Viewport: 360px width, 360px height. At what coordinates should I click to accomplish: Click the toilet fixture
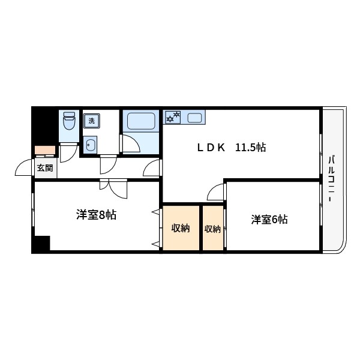[70, 122]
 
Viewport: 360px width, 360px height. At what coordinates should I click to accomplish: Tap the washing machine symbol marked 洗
[92, 121]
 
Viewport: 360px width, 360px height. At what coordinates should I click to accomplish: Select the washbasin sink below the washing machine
[91, 144]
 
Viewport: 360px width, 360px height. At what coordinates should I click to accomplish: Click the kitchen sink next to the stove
[194, 117]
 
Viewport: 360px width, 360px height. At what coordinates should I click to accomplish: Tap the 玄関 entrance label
[44, 167]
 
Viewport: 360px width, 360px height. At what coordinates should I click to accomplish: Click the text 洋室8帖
[96, 215]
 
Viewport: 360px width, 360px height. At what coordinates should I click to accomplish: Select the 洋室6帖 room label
[269, 220]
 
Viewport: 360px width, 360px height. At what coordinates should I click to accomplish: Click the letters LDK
[212, 148]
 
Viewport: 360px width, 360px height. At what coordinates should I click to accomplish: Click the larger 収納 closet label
[181, 228]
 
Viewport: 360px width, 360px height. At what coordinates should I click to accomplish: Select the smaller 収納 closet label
[212, 229]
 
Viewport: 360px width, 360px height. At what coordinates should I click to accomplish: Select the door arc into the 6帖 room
[215, 192]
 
